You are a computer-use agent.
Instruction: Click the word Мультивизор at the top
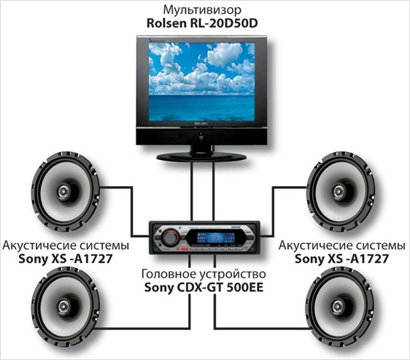(x=202, y=11)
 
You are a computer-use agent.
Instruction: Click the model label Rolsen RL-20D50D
(x=202, y=23)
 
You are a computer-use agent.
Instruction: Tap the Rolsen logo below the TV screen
(x=201, y=123)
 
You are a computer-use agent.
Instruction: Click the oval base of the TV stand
(x=201, y=157)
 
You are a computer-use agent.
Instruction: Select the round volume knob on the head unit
(x=170, y=237)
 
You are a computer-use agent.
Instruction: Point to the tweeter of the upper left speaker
(x=64, y=191)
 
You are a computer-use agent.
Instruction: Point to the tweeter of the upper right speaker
(x=339, y=191)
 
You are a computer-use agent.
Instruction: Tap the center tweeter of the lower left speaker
(x=63, y=306)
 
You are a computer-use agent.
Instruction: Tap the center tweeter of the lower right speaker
(x=339, y=305)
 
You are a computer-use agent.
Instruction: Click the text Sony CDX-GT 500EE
(x=204, y=288)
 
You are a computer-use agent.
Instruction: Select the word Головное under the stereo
(x=169, y=274)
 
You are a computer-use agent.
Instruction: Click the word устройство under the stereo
(x=233, y=275)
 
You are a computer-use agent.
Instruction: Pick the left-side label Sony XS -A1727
(x=66, y=259)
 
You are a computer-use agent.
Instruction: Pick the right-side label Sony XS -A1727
(x=341, y=259)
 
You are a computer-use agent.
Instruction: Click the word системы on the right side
(x=381, y=246)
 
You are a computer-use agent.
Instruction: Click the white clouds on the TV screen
(x=201, y=68)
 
